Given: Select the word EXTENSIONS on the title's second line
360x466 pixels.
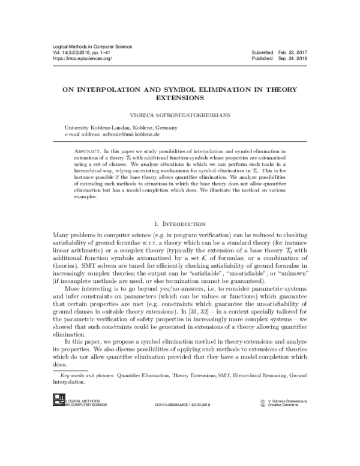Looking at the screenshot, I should pos(180,96).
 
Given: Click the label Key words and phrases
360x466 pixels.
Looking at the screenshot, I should pos(82,375).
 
